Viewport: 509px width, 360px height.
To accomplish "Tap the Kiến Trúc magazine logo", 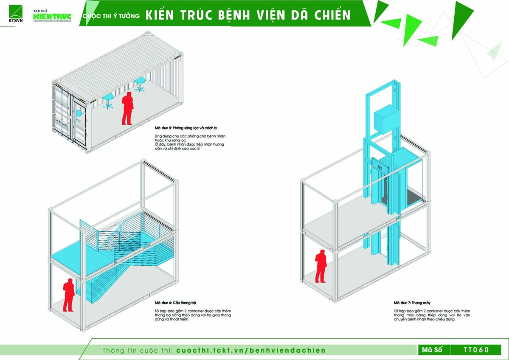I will [52, 15].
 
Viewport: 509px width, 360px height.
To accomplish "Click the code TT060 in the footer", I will [476, 350].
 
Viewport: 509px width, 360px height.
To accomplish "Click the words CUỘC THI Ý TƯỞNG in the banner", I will [111, 16].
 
